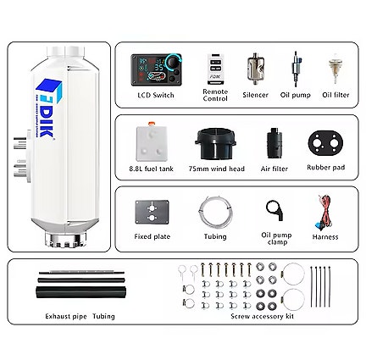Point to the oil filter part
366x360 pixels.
pos(335,68)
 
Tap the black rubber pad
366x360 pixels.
pos(324,144)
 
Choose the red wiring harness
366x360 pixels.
pos(324,212)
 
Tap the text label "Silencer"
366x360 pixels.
pos(254,95)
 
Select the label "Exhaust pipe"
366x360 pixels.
pos(65,316)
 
